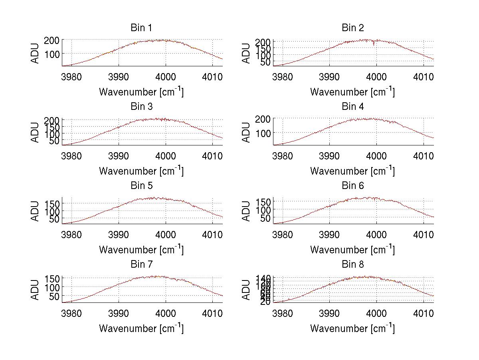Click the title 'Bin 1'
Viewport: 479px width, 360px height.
click(141, 28)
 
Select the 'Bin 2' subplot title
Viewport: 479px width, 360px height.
click(352, 28)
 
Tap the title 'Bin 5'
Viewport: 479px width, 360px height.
click(141, 186)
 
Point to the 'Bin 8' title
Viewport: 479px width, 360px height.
click(352, 265)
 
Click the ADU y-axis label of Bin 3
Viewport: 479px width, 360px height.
click(36, 132)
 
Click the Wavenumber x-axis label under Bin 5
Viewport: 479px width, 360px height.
click(141, 250)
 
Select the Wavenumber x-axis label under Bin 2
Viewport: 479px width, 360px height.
click(352, 92)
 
